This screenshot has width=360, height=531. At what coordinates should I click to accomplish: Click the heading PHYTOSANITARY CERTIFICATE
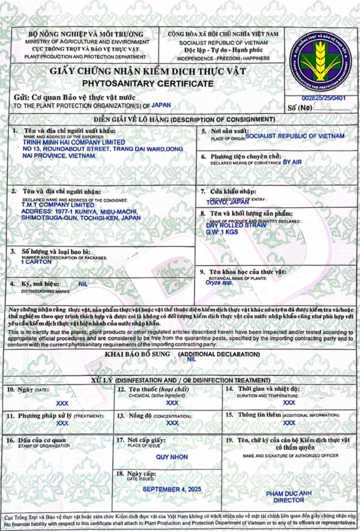click(148, 83)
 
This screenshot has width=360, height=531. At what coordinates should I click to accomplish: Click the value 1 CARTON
click(36, 262)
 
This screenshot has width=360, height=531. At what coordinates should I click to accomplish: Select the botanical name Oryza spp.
click(219, 283)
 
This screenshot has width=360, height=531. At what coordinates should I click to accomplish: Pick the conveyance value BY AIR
click(296, 161)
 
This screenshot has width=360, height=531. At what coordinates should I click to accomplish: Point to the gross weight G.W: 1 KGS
click(221, 232)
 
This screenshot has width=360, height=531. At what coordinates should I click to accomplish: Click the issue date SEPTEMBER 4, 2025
click(172, 489)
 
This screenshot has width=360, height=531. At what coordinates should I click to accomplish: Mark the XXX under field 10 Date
click(62, 403)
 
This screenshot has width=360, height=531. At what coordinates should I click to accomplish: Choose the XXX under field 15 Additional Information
click(289, 423)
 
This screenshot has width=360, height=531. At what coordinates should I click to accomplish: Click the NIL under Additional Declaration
click(192, 359)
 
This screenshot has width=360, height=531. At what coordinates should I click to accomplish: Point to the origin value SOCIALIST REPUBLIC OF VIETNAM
click(295, 136)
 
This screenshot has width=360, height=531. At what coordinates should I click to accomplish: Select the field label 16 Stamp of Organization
click(36, 440)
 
